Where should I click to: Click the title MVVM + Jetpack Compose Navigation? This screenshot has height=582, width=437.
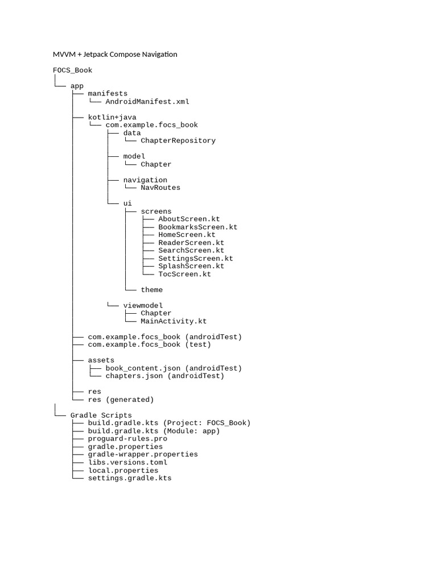[x=115, y=55]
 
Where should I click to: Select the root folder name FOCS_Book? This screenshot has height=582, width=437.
[x=72, y=70]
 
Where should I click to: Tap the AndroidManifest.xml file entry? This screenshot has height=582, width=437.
[x=147, y=102]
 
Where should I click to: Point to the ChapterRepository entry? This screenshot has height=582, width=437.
[x=178, y=140]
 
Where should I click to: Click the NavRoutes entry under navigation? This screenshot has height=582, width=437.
[x=160, y=188]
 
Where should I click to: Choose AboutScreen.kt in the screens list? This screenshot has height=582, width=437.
[x=189, y=219]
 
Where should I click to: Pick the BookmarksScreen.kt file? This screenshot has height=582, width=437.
[x=197, y=227]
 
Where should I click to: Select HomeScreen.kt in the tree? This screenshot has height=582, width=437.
[x=187, y=235]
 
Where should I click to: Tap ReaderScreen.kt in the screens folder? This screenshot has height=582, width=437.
[x=191, y=243]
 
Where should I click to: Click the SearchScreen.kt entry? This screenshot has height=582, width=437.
[x=191, y=251]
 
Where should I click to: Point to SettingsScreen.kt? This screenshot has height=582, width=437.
[x=196, y=259]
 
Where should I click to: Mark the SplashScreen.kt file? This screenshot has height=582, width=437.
[x=191, y=266]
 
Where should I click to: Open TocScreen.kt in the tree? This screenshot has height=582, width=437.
[x=184, y=274]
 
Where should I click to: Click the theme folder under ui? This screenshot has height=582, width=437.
[x=151, y=290]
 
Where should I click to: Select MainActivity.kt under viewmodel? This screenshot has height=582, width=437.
[x=174, y=321]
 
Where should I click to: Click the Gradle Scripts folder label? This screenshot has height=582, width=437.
[x=101, y=415]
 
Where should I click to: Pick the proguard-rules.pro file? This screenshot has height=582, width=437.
[x=127, y=439]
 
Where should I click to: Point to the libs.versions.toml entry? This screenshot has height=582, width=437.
[x=127, y=463]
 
